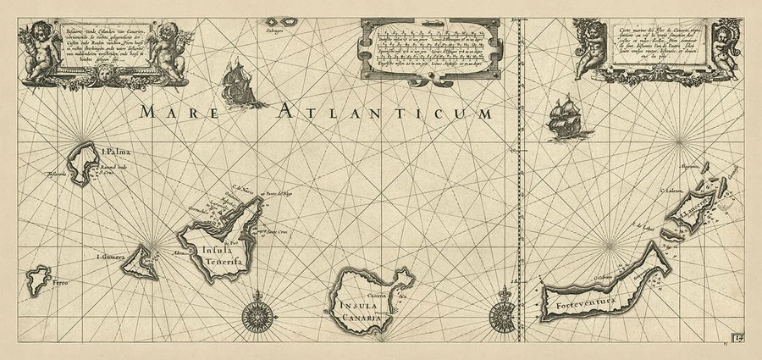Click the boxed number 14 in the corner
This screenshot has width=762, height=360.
tap(739, 341)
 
